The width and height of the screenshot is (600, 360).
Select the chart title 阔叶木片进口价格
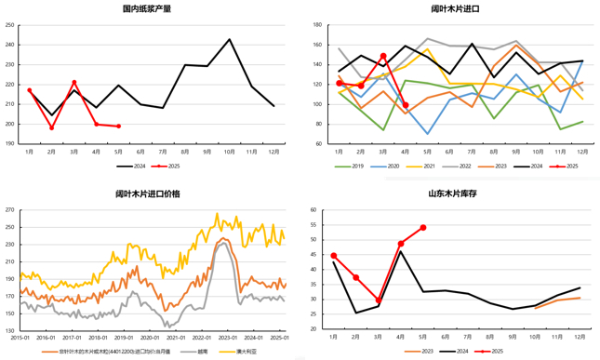pos(148,193)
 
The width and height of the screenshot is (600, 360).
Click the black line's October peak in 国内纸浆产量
pos(230,39)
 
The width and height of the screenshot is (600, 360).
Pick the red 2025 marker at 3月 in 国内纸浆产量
pos(74,83)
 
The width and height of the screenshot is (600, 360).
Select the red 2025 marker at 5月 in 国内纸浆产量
pos(118,126)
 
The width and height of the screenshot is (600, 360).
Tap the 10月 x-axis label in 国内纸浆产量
pos(230,153)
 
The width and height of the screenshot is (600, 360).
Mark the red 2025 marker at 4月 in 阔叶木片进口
pos(406,105)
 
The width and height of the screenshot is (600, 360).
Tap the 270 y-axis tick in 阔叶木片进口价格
pos(10,209)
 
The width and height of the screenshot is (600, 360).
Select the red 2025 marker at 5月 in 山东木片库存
pos(423,227)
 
